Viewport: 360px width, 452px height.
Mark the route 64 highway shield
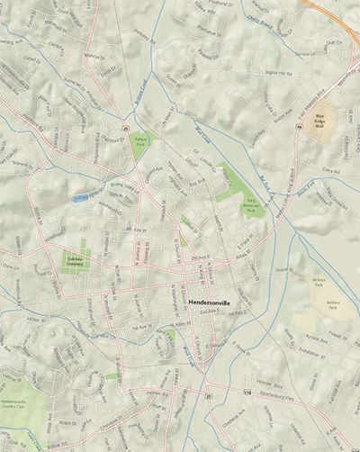pos(298,128)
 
